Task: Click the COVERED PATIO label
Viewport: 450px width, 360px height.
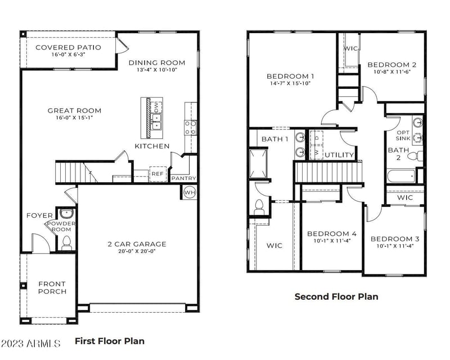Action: click(x=68, y=47)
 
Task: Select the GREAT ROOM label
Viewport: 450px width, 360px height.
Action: click(x=74, y=111)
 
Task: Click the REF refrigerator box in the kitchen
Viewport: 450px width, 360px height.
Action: click(x=157, y=174)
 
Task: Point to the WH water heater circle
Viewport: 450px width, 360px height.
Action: click(x=190, y=192)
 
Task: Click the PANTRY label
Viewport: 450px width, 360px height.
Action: click(x=183, y=178)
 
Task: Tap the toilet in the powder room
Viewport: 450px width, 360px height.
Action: click(x=66, y=242)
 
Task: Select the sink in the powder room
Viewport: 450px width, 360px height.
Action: click(x=66, y=214)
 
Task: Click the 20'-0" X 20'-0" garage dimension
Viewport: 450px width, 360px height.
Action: click(x=137, y=252)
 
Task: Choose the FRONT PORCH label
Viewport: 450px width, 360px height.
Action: click(x=52, y=287)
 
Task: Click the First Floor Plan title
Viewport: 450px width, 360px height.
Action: click(x=110, y=341)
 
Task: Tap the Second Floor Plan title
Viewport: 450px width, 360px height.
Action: click(x=336, y=296)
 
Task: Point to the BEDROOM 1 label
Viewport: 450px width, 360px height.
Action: click(x=290, y=76)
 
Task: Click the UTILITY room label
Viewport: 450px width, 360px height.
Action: click(x=340, y=155)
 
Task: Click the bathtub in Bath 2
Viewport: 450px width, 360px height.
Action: click(x=400, y=176)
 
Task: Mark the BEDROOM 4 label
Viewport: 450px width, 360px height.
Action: click(x=332, y=234)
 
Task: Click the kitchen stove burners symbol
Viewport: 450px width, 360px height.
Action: click(x=190, y=127)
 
